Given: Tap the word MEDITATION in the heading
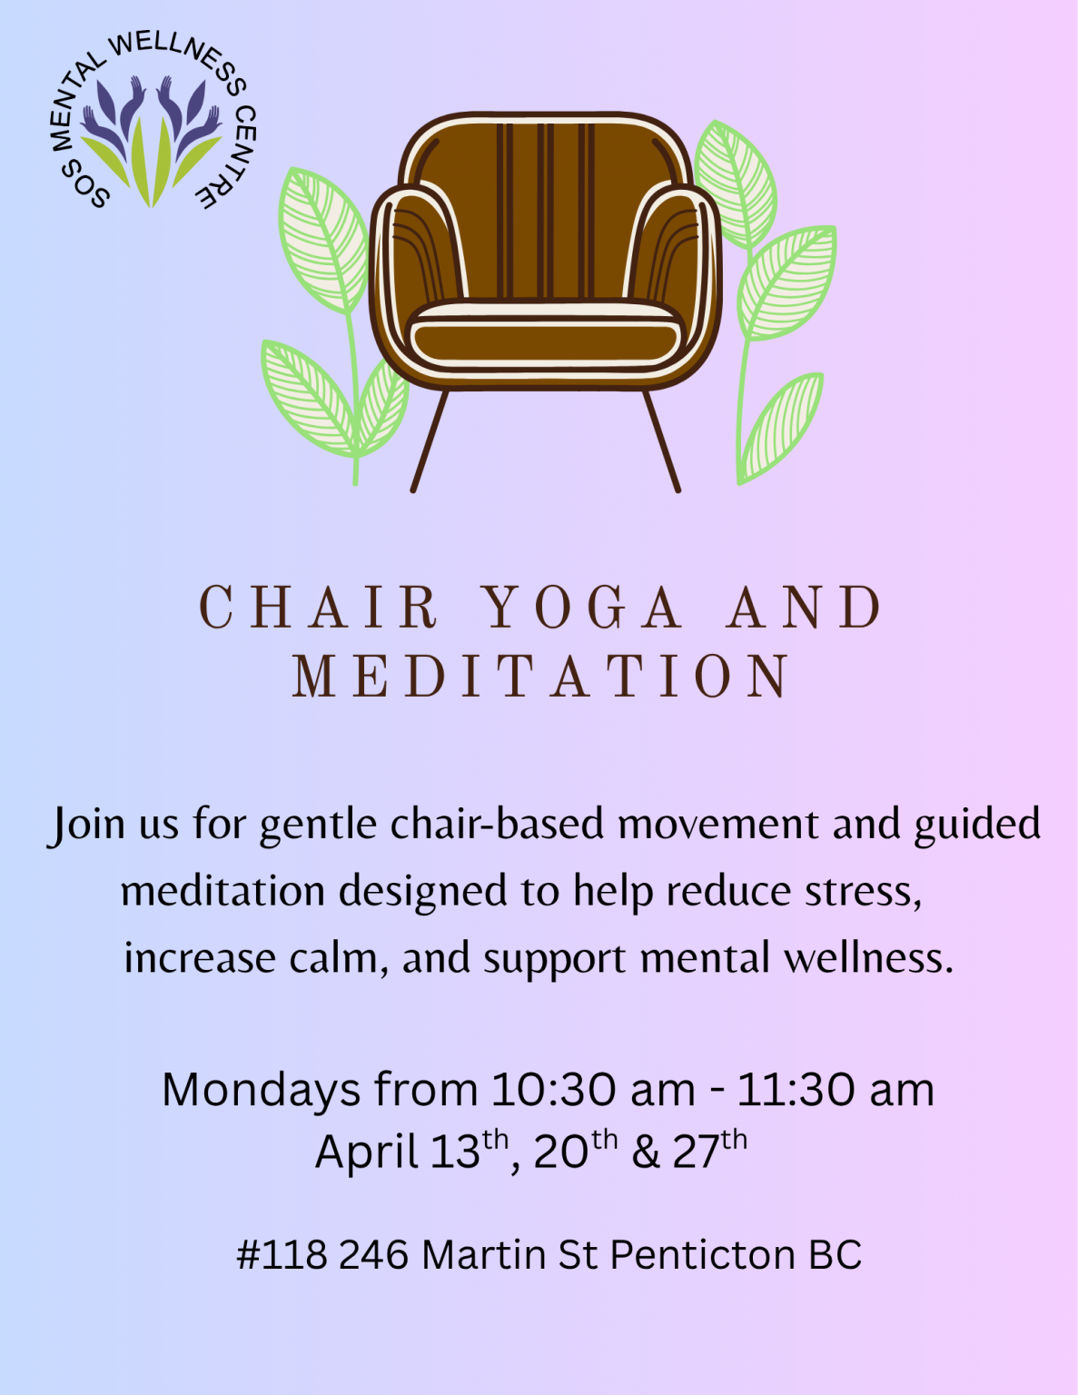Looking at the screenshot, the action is [x=542, y=676].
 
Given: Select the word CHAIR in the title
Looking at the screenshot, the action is [x=319, y=607].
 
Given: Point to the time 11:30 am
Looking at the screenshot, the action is [x=836, y=1090].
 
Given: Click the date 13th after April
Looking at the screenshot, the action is [x=469, y=1150].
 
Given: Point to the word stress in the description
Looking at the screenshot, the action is [x=863, y=893].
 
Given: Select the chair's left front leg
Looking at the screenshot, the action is [x=430, y=441].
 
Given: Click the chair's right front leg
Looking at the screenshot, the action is [x=661, y=441].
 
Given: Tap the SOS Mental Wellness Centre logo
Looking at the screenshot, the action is [x=152, y=122].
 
